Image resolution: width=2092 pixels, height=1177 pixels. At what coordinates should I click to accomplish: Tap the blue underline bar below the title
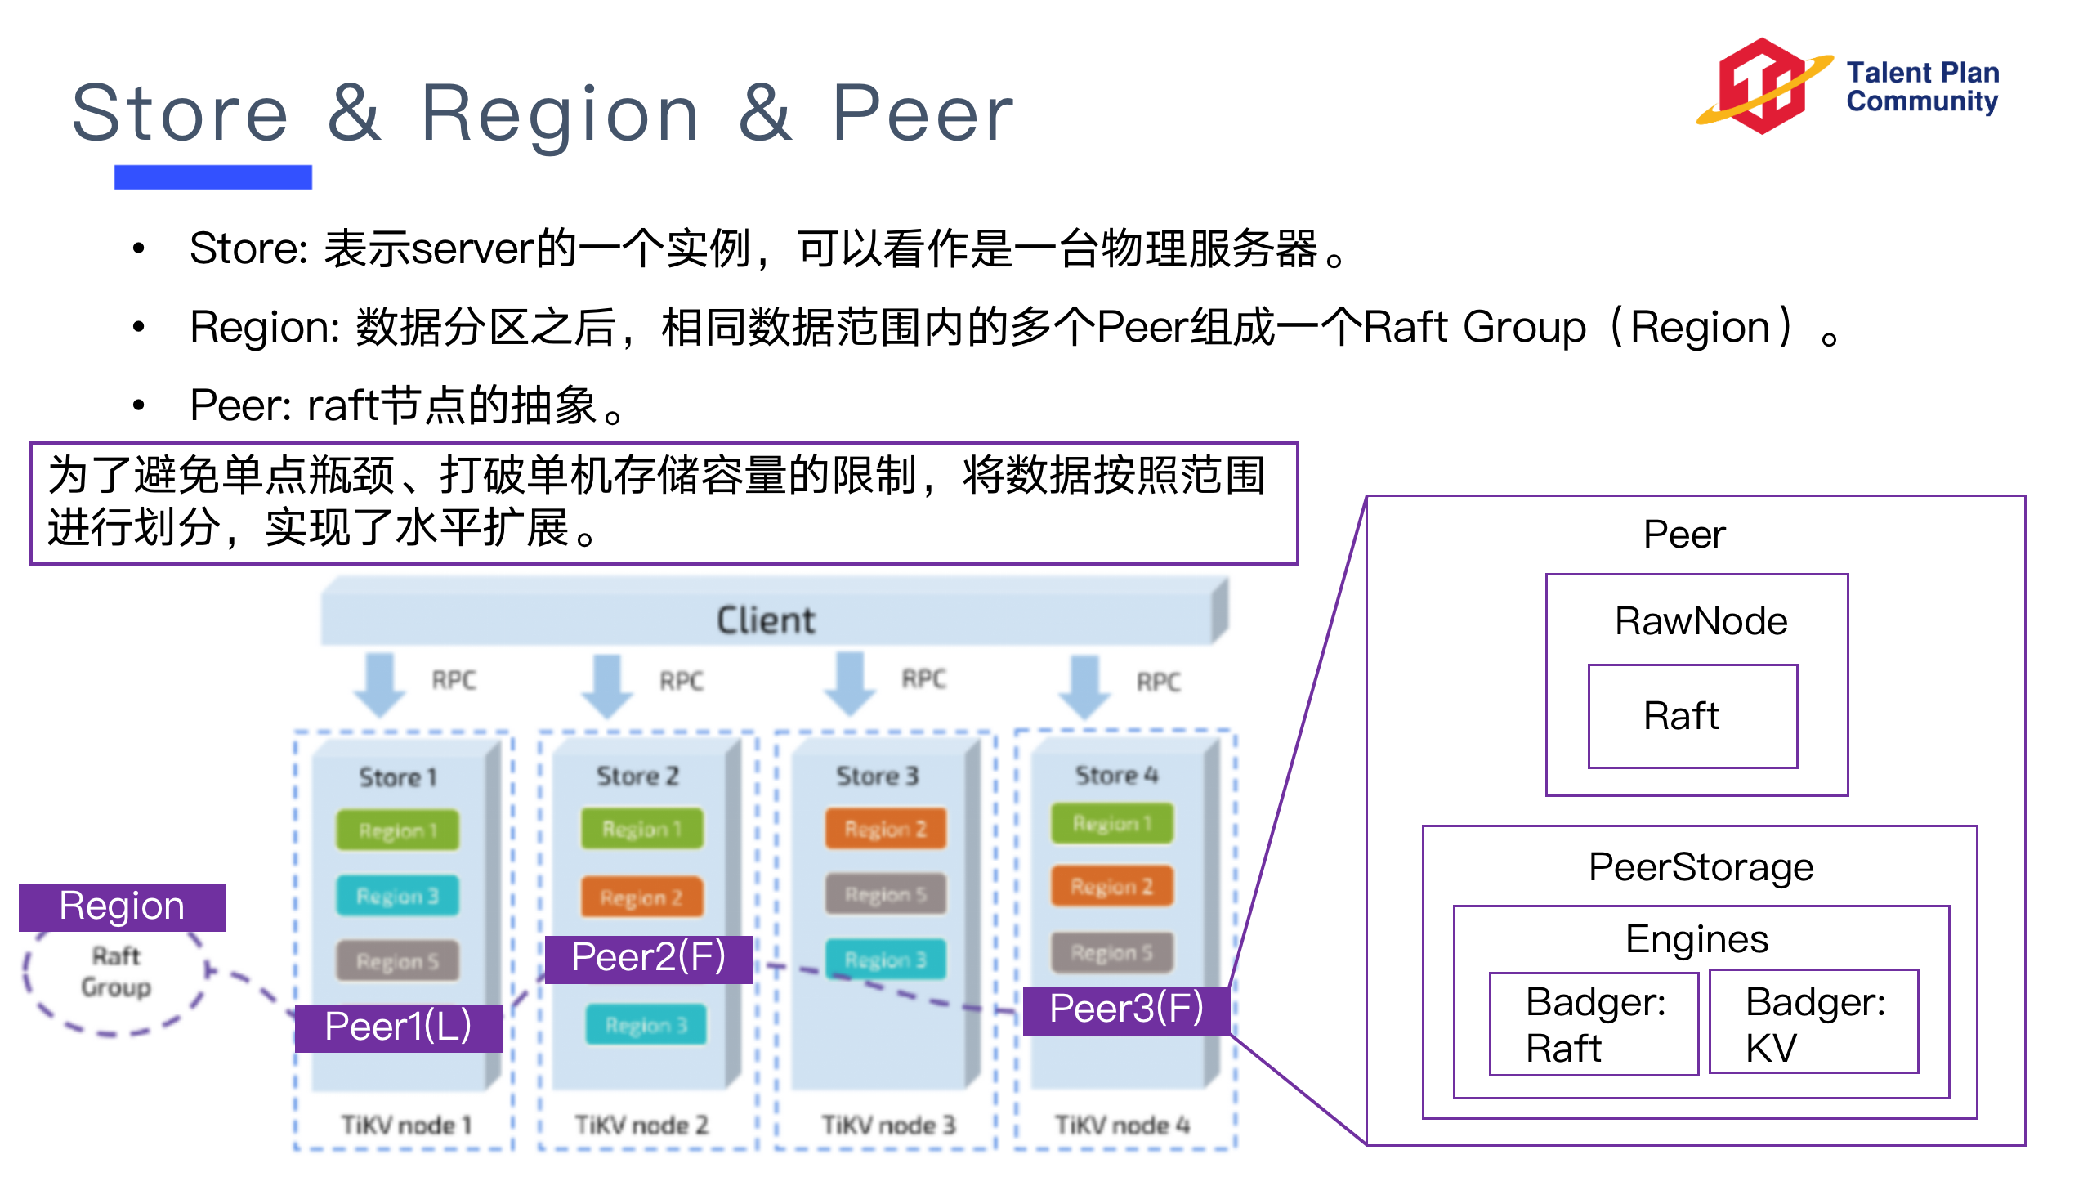(212, 177)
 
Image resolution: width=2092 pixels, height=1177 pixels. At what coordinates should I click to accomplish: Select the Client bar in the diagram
(767, 620)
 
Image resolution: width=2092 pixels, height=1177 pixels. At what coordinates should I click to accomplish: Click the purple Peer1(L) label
(398, 1027)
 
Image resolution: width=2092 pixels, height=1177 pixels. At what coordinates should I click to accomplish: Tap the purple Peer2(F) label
(648, 958)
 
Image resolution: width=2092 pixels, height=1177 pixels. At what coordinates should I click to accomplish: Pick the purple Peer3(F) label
(1126, 1009)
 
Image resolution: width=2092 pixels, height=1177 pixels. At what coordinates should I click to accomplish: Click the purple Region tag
(122, 906)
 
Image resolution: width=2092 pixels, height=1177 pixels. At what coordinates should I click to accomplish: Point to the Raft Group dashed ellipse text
(116, 972)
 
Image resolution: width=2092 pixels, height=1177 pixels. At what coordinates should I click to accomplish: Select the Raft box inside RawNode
(1692, 716)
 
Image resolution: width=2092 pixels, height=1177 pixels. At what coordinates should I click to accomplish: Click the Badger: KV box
(1813, 1023)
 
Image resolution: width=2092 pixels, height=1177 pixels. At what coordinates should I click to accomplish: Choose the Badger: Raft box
(1593, 1024)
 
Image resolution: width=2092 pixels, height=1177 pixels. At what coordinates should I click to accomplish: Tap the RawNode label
(1701, 621)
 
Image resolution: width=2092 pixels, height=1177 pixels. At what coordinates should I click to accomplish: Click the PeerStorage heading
(1700, 867)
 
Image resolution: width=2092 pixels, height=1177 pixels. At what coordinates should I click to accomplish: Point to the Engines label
(1696, 939)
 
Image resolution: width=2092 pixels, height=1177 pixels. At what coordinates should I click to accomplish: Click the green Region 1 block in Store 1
(398, 830)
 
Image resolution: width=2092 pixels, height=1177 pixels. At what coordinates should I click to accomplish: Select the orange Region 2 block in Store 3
(885, 829)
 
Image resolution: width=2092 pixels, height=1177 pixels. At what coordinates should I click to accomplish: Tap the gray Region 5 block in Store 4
(1111, 952)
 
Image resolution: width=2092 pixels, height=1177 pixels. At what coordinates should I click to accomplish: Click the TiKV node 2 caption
(641, 1126)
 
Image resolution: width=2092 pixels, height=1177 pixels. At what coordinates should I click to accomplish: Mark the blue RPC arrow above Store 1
(380, 682)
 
